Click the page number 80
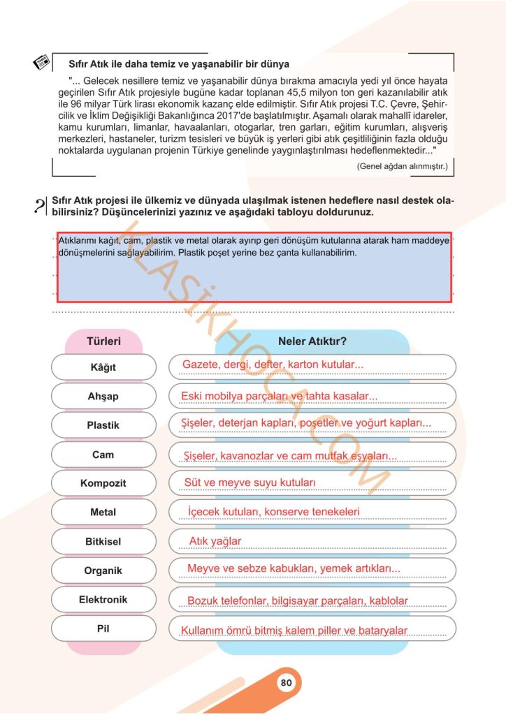click(285, 683)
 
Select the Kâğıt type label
click(103, 367)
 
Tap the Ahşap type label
click(103, 396)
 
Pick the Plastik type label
click(103, 425)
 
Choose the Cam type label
click(103, 455)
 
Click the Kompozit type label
click(103, 483)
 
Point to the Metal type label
click(103, 513)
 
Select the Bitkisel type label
click(103, 541)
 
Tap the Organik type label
click(103, 570)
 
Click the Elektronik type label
click(103, 599)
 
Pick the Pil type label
click(103, 628)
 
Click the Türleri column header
click(103, 341)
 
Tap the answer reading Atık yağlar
click(215, 541)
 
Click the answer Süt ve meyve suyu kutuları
click(250, 482)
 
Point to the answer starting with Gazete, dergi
click(273, 364)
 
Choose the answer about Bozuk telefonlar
click(297, 600)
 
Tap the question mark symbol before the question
click(38, 207)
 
